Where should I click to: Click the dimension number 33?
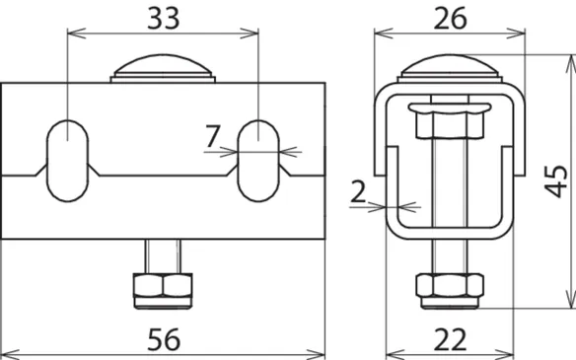pyautogui.click(x=164, y=18)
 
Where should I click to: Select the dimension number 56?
pyautogui.click(x=164, y=340)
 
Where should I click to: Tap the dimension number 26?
pyautogui.click(x=450, y=18)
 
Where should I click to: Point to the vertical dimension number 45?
pyautogui.click(x=555, y=181)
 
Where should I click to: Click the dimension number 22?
pyautogui.click(x=450, y=340)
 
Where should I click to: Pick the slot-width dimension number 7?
pyautogui.click(x=213, y=136)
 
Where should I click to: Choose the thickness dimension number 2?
pyautogui.click(x=358, y=191)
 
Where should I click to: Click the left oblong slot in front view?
pyautogui.click(x=68, y=161)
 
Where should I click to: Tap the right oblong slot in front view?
pyautogui.click(x=258, y=161)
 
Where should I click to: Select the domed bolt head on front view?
pyautogui.click(x=163, y=68)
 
